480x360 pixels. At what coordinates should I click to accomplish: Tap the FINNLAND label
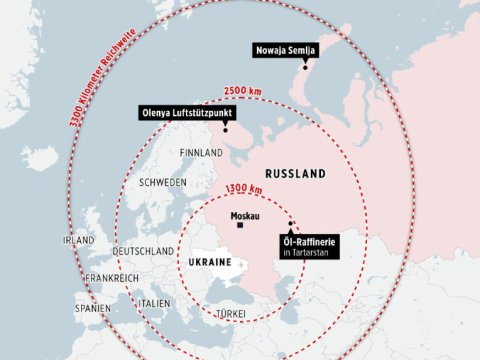point(199,153)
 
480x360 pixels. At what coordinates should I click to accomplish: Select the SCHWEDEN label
point(163,183)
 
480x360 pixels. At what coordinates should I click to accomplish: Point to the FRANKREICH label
point(110,277)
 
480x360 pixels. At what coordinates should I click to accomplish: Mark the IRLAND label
point(78,241)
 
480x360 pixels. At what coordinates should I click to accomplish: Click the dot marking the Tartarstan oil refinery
point(291,224)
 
